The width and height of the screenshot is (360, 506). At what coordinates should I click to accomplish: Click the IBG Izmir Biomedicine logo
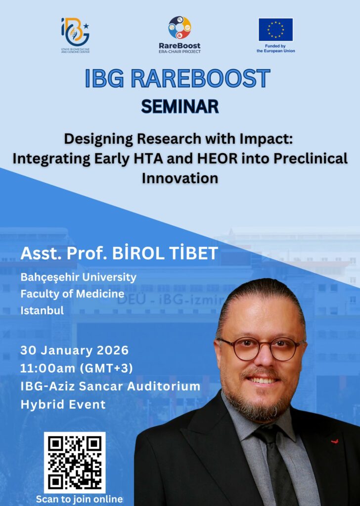(75, 35)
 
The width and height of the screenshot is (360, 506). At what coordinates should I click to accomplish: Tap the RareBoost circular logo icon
(180, 28)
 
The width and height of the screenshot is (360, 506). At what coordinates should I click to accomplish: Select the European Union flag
(275, 30)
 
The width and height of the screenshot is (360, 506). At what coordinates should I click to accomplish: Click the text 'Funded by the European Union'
(275, 48)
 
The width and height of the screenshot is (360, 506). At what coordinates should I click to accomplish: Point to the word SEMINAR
(180, 107)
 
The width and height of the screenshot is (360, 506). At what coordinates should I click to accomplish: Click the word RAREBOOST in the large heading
(200, 78)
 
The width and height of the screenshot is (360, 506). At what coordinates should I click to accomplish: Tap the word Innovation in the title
(180, 178)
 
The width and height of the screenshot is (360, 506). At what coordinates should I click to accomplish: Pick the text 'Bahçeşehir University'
(79, 277)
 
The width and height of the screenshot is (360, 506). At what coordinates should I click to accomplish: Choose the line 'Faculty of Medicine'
(72, 294)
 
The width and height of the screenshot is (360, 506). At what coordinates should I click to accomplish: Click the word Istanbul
(42, 310)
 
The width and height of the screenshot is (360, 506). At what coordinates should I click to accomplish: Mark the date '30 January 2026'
(75, 350)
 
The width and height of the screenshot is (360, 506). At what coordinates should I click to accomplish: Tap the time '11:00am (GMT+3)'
(77, 368)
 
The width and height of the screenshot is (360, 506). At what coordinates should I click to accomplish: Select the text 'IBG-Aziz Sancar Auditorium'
(110, 386)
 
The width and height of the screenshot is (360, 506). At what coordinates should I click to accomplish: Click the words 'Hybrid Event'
(63, 404)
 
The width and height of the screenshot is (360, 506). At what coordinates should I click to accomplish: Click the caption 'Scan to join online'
(79, 499)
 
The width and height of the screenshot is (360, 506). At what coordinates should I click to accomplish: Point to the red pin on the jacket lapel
(335, 441)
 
